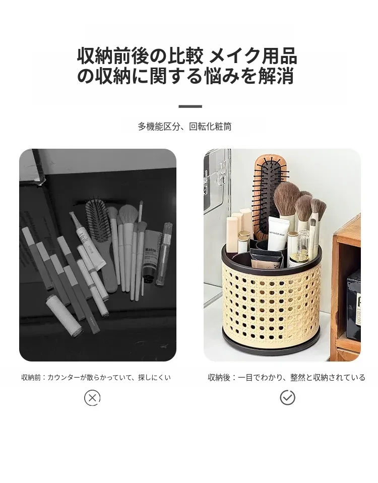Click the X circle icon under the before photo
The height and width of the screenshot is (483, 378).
point(92,398)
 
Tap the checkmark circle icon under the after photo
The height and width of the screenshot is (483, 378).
point(287,397)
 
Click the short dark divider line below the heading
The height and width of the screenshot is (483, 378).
point(190,106)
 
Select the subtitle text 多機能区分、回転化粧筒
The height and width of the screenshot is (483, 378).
point(184,126)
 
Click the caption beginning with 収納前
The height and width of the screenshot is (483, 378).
point(96,377)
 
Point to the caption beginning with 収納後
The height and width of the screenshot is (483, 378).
point(286,377)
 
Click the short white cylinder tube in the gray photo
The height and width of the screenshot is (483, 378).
point(65,316)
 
